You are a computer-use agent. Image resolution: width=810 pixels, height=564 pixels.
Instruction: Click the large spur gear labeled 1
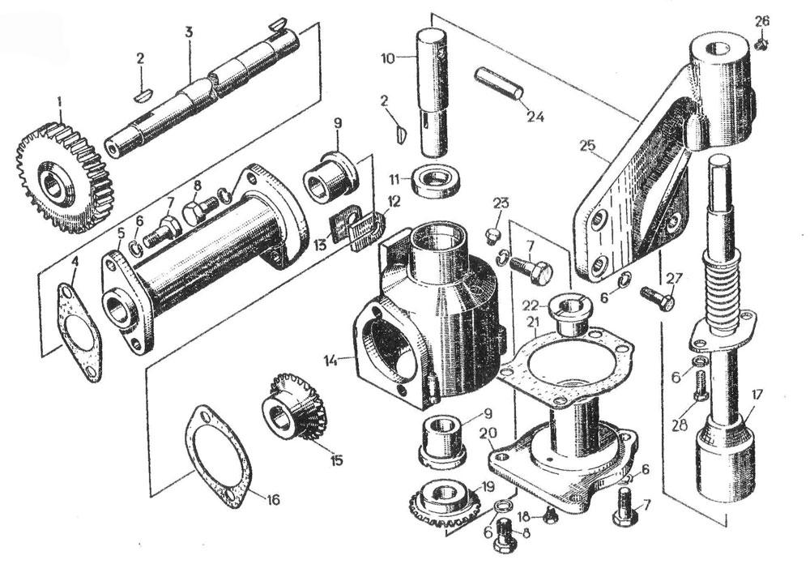tap(65, 177)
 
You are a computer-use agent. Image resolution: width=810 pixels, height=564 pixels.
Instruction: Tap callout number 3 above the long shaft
tap(189, 32)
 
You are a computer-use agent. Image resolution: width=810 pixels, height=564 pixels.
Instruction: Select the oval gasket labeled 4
tap(79, 332)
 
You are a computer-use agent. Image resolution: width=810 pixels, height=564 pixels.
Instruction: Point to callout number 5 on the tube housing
tap(120, 233)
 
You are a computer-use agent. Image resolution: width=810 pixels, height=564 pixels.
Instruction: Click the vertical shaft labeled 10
tap(432, 93)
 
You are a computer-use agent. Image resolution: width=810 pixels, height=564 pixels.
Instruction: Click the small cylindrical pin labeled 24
tap(499, 83)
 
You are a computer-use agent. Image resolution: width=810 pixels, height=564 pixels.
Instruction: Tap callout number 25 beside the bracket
tap(588, 146)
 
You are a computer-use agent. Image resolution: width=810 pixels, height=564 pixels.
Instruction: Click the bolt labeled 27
tap(657, 297)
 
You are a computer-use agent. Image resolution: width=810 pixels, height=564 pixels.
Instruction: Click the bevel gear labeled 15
tap(293, 406)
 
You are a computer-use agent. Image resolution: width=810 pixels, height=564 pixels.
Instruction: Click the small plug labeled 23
tap(492, 237)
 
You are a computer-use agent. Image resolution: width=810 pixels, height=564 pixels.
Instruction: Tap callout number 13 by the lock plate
tap(320, 245)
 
